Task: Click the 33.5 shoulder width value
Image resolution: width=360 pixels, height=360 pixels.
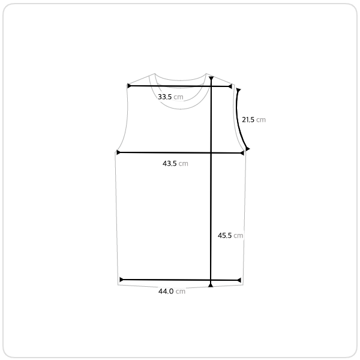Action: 164,97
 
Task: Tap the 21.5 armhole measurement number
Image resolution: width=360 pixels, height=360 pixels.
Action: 248,119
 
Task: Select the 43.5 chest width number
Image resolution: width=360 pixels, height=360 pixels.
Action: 169,163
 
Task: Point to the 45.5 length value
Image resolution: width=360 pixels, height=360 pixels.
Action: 224,235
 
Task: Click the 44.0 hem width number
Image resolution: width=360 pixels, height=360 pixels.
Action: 166,292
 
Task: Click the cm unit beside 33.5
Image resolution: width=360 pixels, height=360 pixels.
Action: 178,97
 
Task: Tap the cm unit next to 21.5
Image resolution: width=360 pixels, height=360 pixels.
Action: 261,120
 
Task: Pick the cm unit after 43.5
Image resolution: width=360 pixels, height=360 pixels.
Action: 183,164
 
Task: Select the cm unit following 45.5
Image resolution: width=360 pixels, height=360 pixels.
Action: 238,236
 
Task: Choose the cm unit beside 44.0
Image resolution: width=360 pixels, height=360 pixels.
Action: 181,292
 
